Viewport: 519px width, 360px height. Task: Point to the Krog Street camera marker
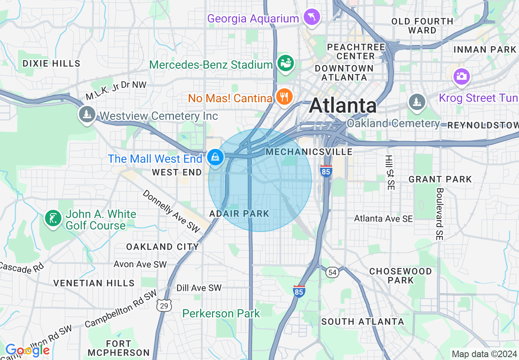tap(461, 76)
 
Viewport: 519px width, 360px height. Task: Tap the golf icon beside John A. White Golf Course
tap(53, 218)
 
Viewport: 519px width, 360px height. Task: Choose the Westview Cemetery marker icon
tap(87, 115)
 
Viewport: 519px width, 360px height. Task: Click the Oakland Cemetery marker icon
tap(417, 101)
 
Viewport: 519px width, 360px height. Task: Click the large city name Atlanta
tap(343, 106)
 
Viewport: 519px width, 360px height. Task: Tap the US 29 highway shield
tap(164, 305)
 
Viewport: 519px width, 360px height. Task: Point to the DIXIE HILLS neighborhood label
tap(52, 63)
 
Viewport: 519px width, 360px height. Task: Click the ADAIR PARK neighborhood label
tap(239, 214)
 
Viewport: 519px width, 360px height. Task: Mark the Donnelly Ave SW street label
tap(171, 211)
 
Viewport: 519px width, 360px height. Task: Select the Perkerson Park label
tap(221, 314)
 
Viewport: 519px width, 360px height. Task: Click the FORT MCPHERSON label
tap(119, 348)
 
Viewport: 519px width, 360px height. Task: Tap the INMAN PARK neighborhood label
tap(485, 49)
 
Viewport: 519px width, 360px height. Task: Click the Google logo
tap(27, 350)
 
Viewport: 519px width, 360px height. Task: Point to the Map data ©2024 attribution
tap(484, 354)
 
